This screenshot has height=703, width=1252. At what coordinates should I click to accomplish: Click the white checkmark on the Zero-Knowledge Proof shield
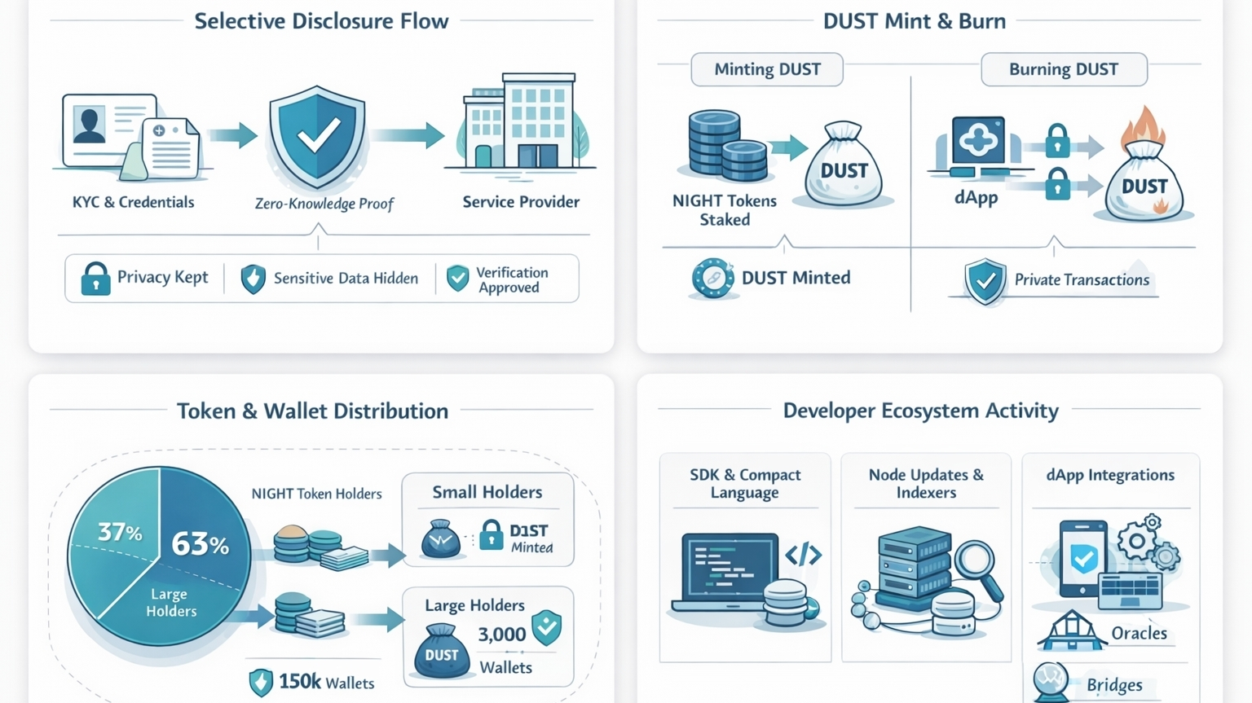(318, 136)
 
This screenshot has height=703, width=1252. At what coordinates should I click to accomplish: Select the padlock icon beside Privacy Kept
(95, 279)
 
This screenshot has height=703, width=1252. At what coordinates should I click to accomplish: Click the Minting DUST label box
(767, 69)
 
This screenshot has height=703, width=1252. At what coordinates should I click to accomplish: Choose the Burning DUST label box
(1064, 69)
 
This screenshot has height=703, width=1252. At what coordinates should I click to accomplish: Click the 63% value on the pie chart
(200, 543)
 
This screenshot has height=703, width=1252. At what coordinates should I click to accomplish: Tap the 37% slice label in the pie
(120, 532)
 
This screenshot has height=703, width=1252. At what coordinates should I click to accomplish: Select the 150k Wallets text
(326, 682)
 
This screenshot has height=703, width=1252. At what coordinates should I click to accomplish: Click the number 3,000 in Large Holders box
(501, 635)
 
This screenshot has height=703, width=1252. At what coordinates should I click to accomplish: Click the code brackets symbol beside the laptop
(803, 555)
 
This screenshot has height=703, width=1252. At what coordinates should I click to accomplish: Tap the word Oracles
(1139, 633)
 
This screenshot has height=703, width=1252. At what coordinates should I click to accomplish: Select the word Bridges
(1114, 685)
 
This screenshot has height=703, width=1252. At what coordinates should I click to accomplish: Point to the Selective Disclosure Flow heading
(321, 21)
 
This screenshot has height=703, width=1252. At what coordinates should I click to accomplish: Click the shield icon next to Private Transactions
(985, 281)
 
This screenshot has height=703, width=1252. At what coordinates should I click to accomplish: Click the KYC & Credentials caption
(133, 202)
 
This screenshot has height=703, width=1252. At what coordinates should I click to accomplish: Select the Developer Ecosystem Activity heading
(920, 411)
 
